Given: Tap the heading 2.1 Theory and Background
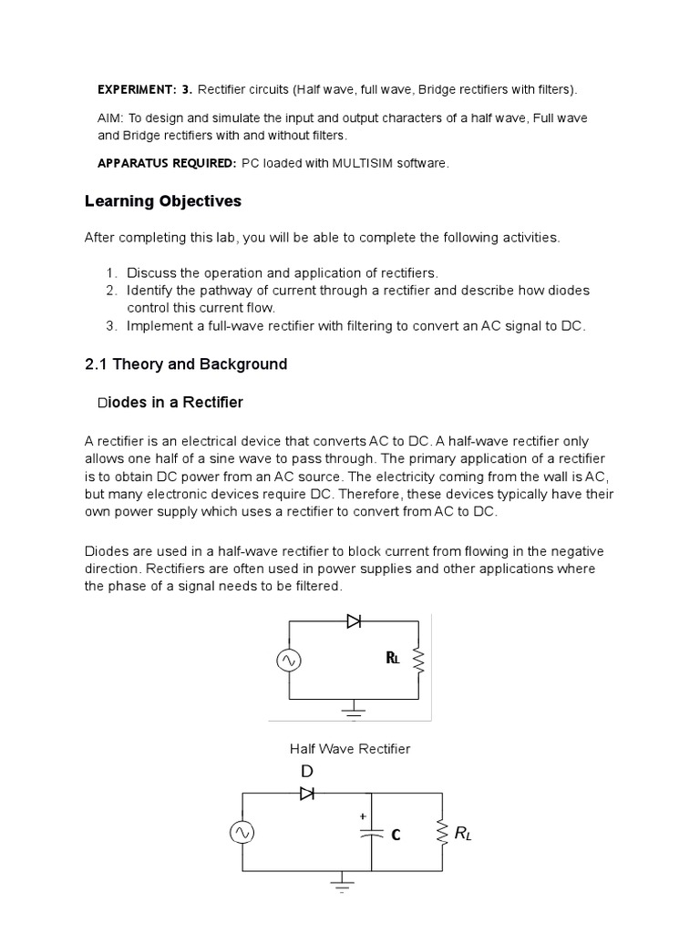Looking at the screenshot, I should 186,364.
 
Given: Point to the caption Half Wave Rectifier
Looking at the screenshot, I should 350,749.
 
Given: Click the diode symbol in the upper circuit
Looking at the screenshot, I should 355,621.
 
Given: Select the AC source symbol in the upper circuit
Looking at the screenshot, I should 289,661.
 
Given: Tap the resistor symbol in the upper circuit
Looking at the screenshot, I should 417,661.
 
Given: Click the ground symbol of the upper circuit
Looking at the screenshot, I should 354,707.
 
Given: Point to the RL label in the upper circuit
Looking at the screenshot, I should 393,659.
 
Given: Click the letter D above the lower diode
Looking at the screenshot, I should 307,772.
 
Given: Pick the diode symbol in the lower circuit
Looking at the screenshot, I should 307,794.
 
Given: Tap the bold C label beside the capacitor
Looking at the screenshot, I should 396,835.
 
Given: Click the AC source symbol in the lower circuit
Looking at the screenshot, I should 242,832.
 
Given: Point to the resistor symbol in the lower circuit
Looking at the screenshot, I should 443,832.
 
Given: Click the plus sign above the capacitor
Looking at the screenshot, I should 363,816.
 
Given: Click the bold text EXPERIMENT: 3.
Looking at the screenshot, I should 145,90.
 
